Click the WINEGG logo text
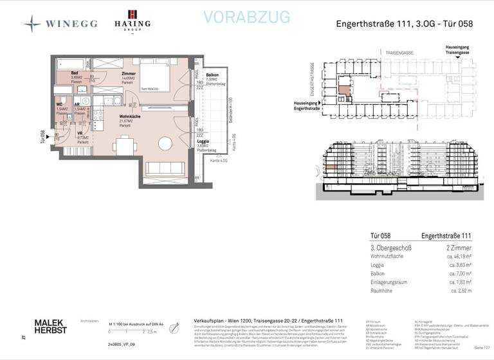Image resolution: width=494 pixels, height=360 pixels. click(x=71, y=24)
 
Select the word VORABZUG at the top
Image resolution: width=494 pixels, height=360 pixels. click(x=247, y=18)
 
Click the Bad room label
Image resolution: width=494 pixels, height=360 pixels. click(x=75, y=74)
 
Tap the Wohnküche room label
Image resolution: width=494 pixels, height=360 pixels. click(x=130, y=116)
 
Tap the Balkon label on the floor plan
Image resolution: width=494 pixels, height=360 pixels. click(x=212, y=75)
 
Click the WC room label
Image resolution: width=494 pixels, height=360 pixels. click(x=59, y=104)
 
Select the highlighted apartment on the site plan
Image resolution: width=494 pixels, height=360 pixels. click(x=345, y=91)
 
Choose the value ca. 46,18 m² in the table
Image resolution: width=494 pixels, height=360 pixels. click(x=458, y=256)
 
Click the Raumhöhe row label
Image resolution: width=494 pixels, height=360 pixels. click(x=383, y=290)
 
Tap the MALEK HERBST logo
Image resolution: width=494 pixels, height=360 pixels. click(x=50, y=326)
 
